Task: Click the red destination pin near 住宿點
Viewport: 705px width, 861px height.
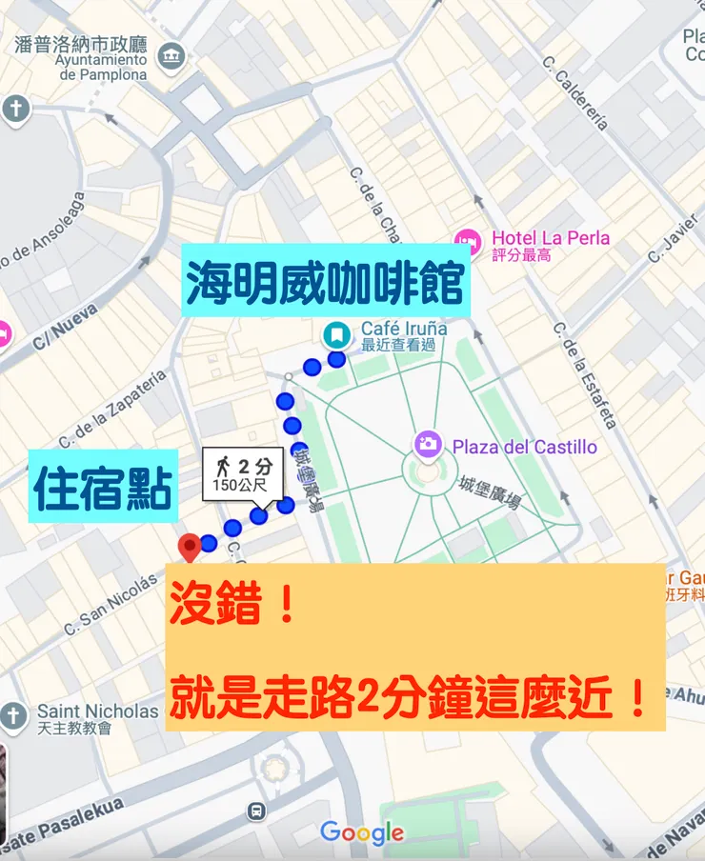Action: tap(189, 546)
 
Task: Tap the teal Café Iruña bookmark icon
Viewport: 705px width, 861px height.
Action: tap(335, 334)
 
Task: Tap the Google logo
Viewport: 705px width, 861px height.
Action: tap(362, 833)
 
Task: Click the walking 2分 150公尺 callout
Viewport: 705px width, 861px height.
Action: tap(242, 474)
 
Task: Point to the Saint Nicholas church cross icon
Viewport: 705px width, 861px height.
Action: tap(13, 716)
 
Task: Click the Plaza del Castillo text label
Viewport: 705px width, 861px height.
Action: tap(524, 447)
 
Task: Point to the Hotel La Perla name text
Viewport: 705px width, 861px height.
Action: tap(550, 238)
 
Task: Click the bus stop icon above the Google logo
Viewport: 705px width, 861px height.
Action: tap(255, 811)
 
